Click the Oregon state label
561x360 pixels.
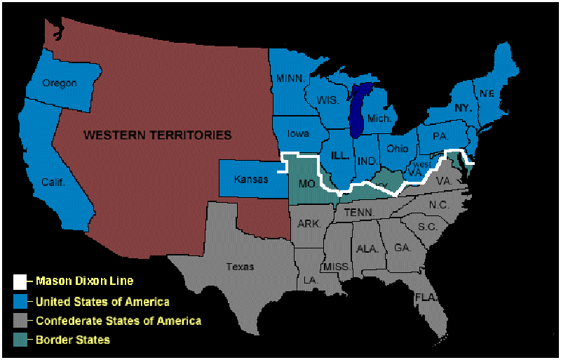(59, 83)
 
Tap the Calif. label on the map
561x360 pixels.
(53, 182)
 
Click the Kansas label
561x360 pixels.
(250, 179)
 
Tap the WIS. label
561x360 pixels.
(327, 100)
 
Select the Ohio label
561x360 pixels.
(397, 148)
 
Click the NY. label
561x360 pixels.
(462, 108)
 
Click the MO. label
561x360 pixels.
(308, 183)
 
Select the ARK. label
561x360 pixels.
(309, 224)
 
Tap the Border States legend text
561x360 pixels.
(72, 340)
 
